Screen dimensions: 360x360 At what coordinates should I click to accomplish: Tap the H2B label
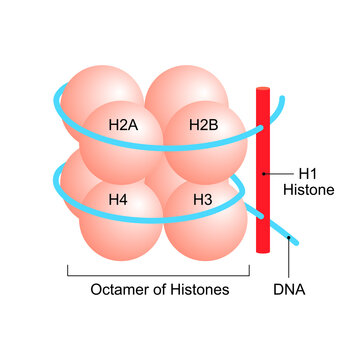point(205,126)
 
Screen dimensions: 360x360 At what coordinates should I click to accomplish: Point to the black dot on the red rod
point(263,172)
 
